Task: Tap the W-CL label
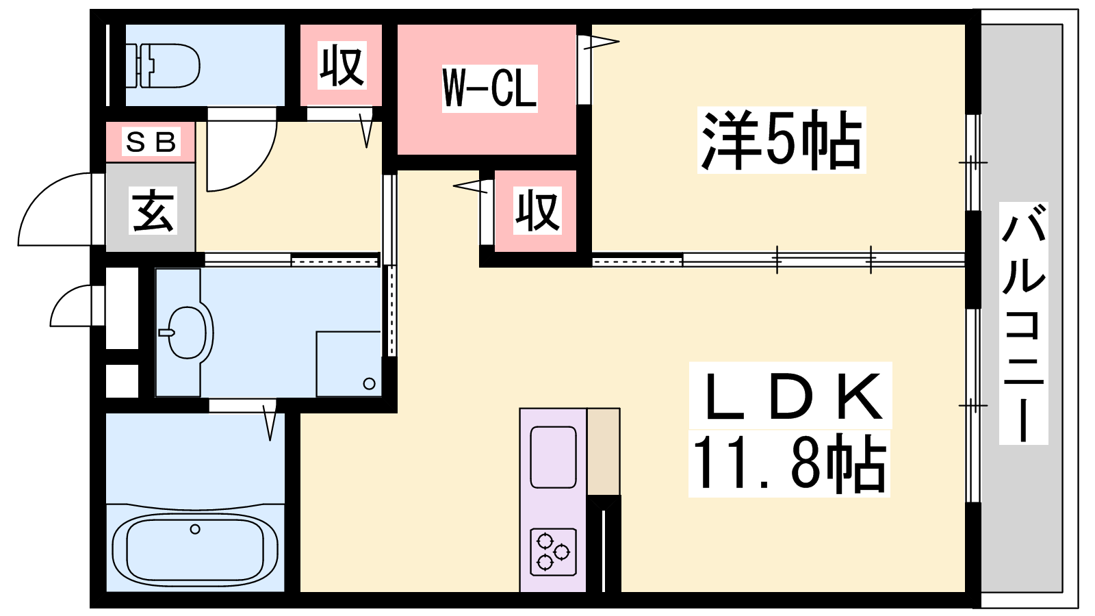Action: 489,88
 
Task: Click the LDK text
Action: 791,396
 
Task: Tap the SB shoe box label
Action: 151,142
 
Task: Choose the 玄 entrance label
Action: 152,210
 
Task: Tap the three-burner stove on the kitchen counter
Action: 553,552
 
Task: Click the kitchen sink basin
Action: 553,457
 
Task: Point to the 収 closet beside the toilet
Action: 342,66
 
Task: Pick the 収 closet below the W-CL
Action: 537,210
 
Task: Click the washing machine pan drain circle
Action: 370,383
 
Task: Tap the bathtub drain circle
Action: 195,529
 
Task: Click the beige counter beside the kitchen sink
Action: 604,451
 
